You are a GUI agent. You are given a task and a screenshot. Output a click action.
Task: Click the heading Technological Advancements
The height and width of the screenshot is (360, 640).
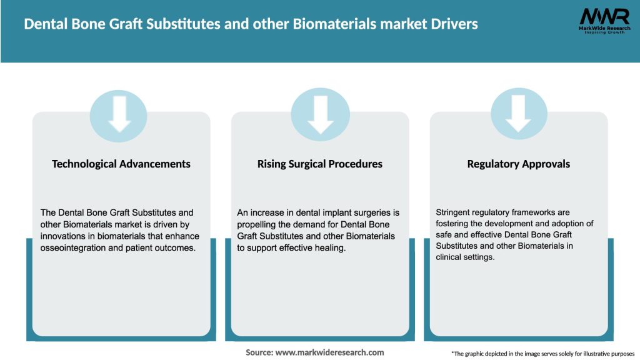(121, 164)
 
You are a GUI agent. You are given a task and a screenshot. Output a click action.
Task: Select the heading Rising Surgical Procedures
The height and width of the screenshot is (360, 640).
(320, 164)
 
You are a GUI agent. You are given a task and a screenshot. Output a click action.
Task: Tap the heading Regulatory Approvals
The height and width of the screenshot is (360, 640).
(519, 164)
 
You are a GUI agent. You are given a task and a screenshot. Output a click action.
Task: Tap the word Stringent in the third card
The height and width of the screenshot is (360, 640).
(455, 212)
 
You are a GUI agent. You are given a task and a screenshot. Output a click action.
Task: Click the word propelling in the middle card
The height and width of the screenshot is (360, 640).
(258, 224)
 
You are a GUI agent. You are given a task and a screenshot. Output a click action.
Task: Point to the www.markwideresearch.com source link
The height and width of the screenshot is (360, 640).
(329, 352)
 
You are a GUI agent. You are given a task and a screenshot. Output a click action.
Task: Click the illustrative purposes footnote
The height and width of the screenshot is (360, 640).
(542, 354)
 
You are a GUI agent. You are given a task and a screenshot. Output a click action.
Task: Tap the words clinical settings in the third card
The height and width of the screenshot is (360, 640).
(466, 257)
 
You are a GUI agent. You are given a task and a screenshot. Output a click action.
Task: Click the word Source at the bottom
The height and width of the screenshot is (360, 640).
(259, 352)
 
